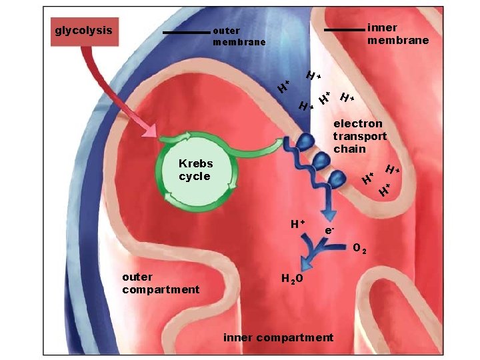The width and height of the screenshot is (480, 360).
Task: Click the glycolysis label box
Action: pos(85,31)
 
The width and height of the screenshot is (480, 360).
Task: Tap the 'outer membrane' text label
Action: pos(239,36)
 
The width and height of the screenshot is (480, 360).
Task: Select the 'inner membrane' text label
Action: pos(398,34)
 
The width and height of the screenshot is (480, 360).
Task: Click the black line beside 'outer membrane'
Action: pos(186,32)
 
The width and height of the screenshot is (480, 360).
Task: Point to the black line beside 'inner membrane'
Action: pos(344,30)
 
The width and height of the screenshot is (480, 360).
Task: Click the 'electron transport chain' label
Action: pos(359,136)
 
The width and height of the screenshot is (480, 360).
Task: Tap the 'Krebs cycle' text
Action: pos(195,170)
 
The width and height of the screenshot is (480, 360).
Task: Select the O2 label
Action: pos(359,249)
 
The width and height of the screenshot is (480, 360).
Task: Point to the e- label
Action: pos(329,230)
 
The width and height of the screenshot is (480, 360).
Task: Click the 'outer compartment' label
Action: pos(160,283)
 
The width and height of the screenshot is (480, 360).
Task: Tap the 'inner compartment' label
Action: pos(278,337)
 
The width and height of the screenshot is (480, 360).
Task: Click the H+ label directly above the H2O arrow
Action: pos(297,223)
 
